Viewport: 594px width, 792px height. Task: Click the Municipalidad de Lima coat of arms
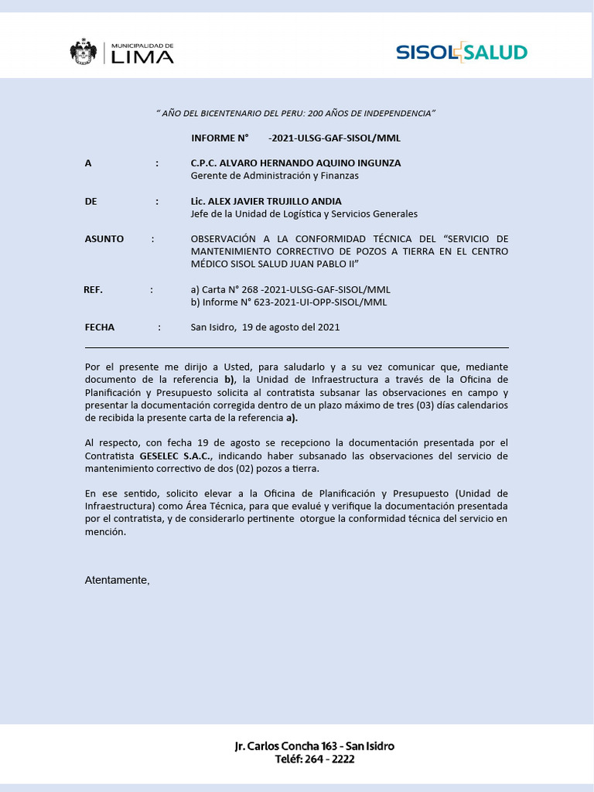(84, 52)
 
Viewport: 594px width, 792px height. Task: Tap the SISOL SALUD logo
(461, 53)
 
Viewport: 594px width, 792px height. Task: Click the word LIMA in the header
(143, 56)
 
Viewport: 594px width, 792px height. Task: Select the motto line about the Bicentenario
(296, 113)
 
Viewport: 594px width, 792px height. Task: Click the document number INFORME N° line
(295, 138)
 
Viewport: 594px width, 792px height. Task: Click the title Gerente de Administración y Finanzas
(274, 176)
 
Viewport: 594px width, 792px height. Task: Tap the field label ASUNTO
(104, 239)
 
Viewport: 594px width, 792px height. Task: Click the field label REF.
(93, 289)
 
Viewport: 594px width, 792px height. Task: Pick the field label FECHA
(99, 327)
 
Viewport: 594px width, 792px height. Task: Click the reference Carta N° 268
(290, 289)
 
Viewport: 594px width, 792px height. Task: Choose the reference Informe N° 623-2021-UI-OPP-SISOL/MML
(288, 302)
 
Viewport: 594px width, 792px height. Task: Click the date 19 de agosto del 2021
(291, 327)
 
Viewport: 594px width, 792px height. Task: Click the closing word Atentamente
(117, 580)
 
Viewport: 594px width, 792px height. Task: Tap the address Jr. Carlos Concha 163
(286, 746)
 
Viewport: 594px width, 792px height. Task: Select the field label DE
(90, 201)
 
